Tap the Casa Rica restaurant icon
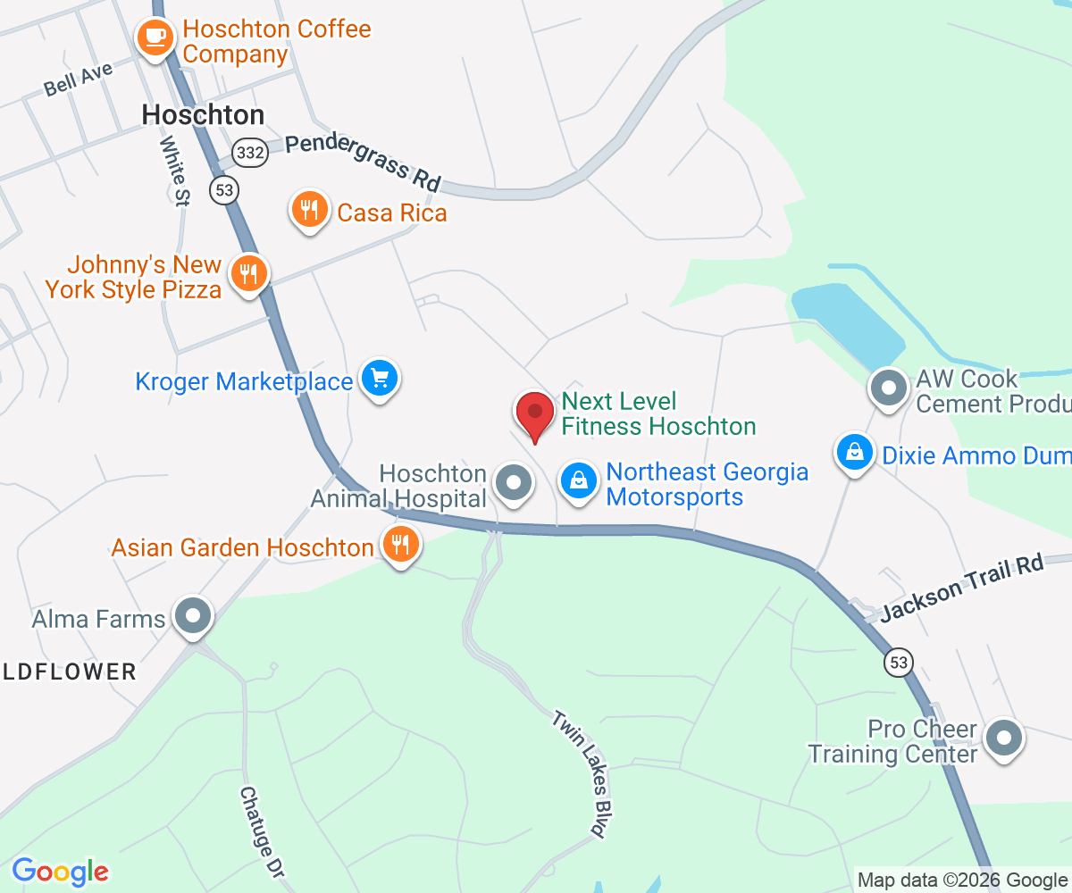309,211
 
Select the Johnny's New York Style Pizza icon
249,273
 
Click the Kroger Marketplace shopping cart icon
380,380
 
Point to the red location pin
535,413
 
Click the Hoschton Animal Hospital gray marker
514,482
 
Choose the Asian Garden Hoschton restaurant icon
400,543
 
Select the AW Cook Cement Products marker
888,389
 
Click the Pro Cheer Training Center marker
1002,739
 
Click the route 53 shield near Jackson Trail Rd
898,663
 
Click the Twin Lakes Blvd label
578,772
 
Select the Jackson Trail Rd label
961,588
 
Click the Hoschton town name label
204,114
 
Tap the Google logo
61,872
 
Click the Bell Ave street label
78,79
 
